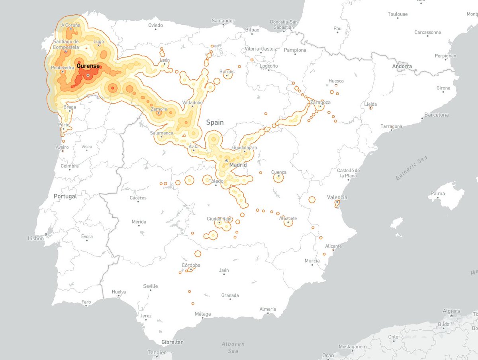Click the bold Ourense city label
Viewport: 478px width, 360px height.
[88, 66]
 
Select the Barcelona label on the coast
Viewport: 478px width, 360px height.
[437, 115]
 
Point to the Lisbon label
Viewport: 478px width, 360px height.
[36, 238]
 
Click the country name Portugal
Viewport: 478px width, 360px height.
[65, 197]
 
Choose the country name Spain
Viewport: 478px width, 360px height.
[215, 123]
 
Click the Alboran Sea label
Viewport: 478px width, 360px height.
[233, 347]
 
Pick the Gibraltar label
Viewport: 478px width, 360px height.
[172, 342]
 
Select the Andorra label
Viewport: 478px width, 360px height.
[402, 66]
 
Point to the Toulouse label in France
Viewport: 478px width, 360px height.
[398, 14]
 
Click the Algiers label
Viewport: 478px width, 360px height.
[451, 311]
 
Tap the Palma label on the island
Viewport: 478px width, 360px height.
[438, 194]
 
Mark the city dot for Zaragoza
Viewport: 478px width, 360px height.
[320, 106]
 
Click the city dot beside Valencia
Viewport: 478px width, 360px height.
[337, 202]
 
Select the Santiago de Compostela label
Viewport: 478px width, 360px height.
[66, 44]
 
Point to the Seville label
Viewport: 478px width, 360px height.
[150, 286]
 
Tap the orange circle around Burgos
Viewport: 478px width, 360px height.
[227, 74]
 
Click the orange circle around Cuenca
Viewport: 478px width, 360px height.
[279, 177]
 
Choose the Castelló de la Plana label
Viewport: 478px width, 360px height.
[350, 173]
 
